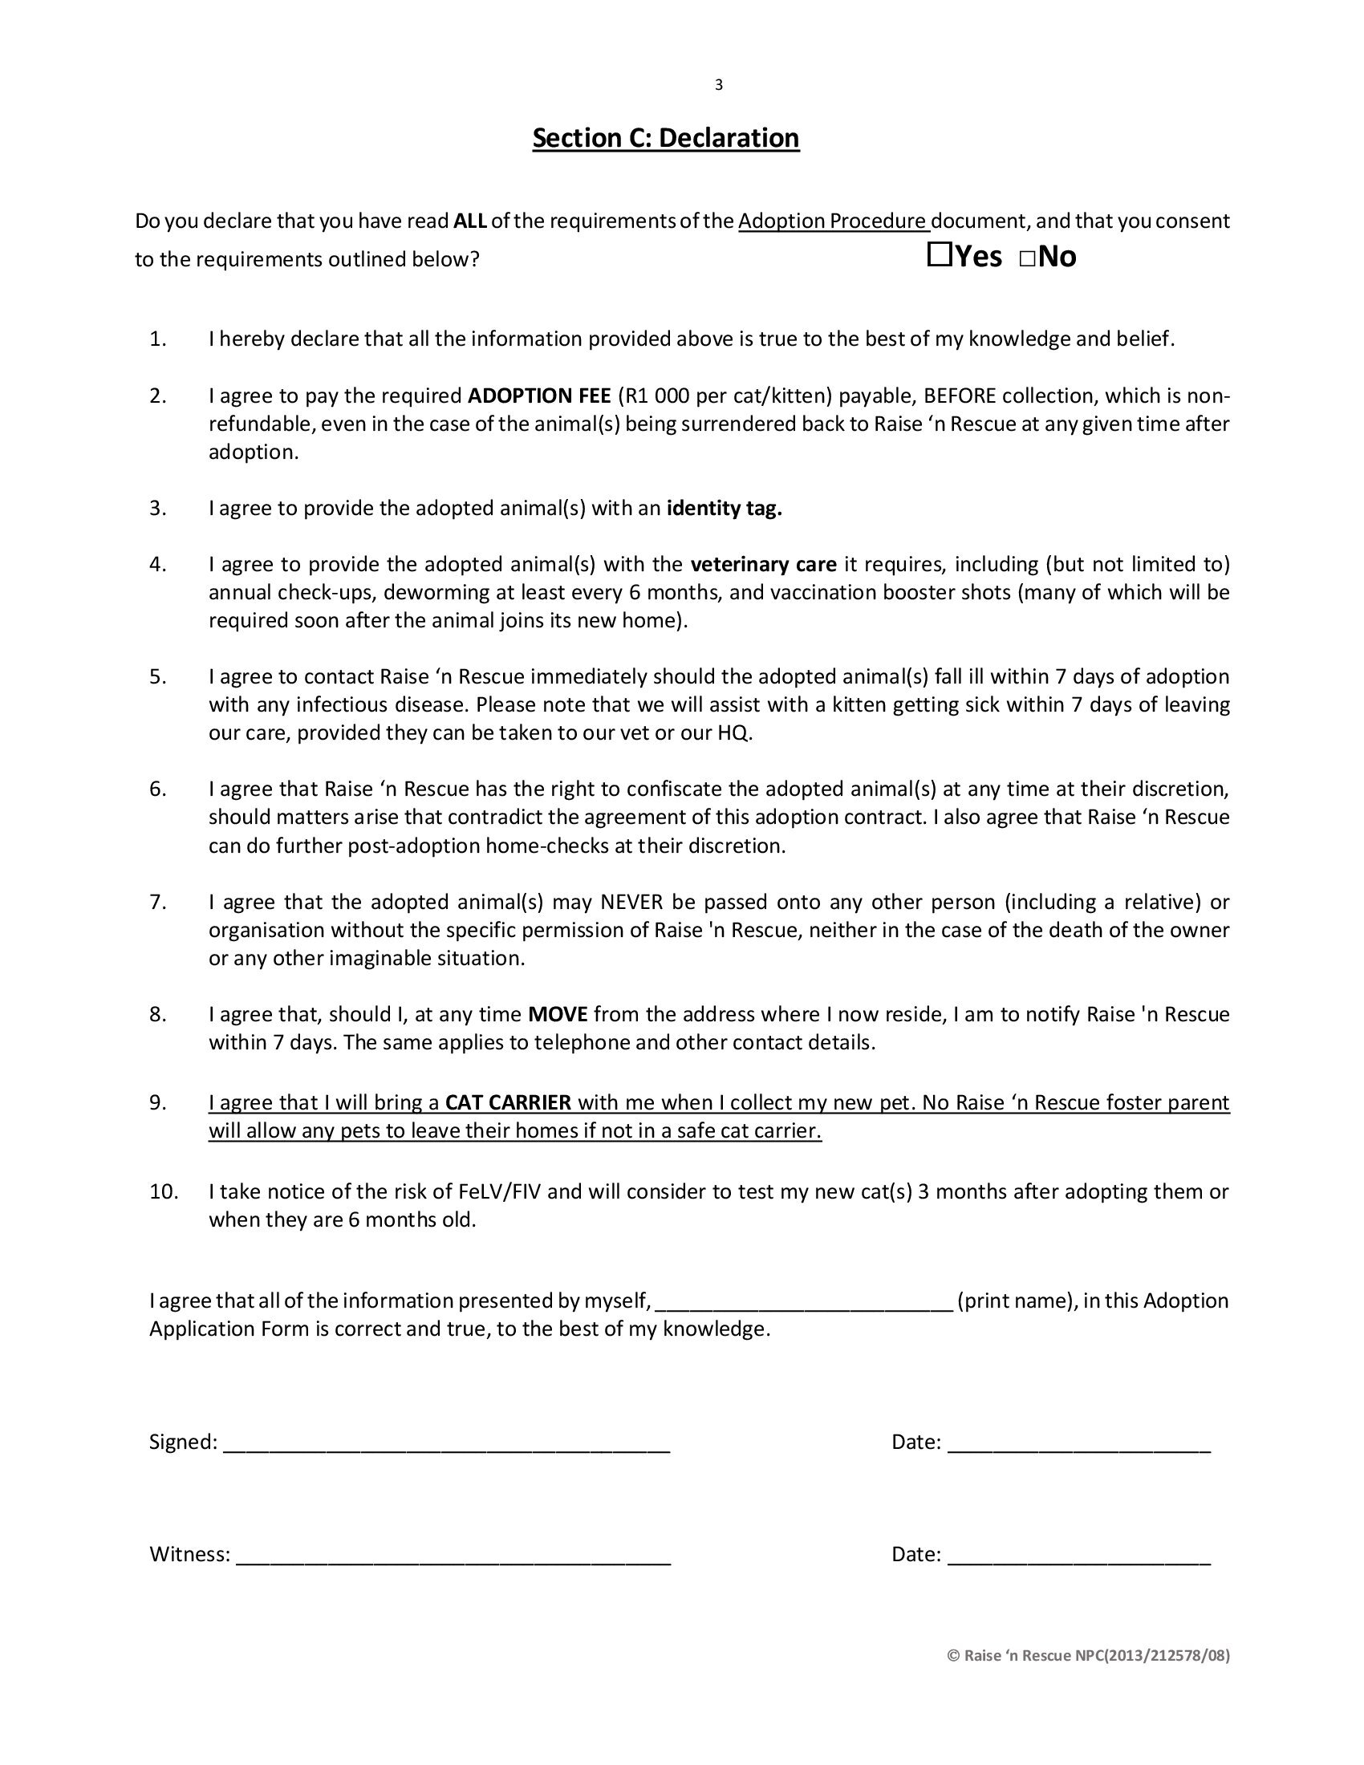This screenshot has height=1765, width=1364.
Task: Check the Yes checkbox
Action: coord(939,257)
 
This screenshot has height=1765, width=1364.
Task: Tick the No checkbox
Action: coord(1027,259)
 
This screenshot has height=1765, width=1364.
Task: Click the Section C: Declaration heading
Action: coord(666,138)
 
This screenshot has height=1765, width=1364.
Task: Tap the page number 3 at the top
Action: coord(718,85)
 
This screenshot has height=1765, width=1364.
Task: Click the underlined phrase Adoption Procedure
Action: coord(832,221)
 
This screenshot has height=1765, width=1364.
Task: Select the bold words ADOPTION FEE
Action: coord(540,396)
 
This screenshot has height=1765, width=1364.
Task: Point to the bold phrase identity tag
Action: coord(724,509)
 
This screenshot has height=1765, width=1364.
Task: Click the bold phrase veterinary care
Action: coord(764,564)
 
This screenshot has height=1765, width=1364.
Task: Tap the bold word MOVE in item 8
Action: coord(558,1014)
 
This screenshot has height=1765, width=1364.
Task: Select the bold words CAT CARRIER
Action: coord(508,1102)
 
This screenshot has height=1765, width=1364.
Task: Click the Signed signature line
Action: coord(446,1443)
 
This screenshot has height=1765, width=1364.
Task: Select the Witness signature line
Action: coord(453,1555)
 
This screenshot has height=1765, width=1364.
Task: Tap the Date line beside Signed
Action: coord(1078,1443)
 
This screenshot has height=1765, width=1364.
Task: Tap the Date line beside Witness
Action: coord(1078,1555)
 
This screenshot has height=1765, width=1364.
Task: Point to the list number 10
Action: coord(163,1191)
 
